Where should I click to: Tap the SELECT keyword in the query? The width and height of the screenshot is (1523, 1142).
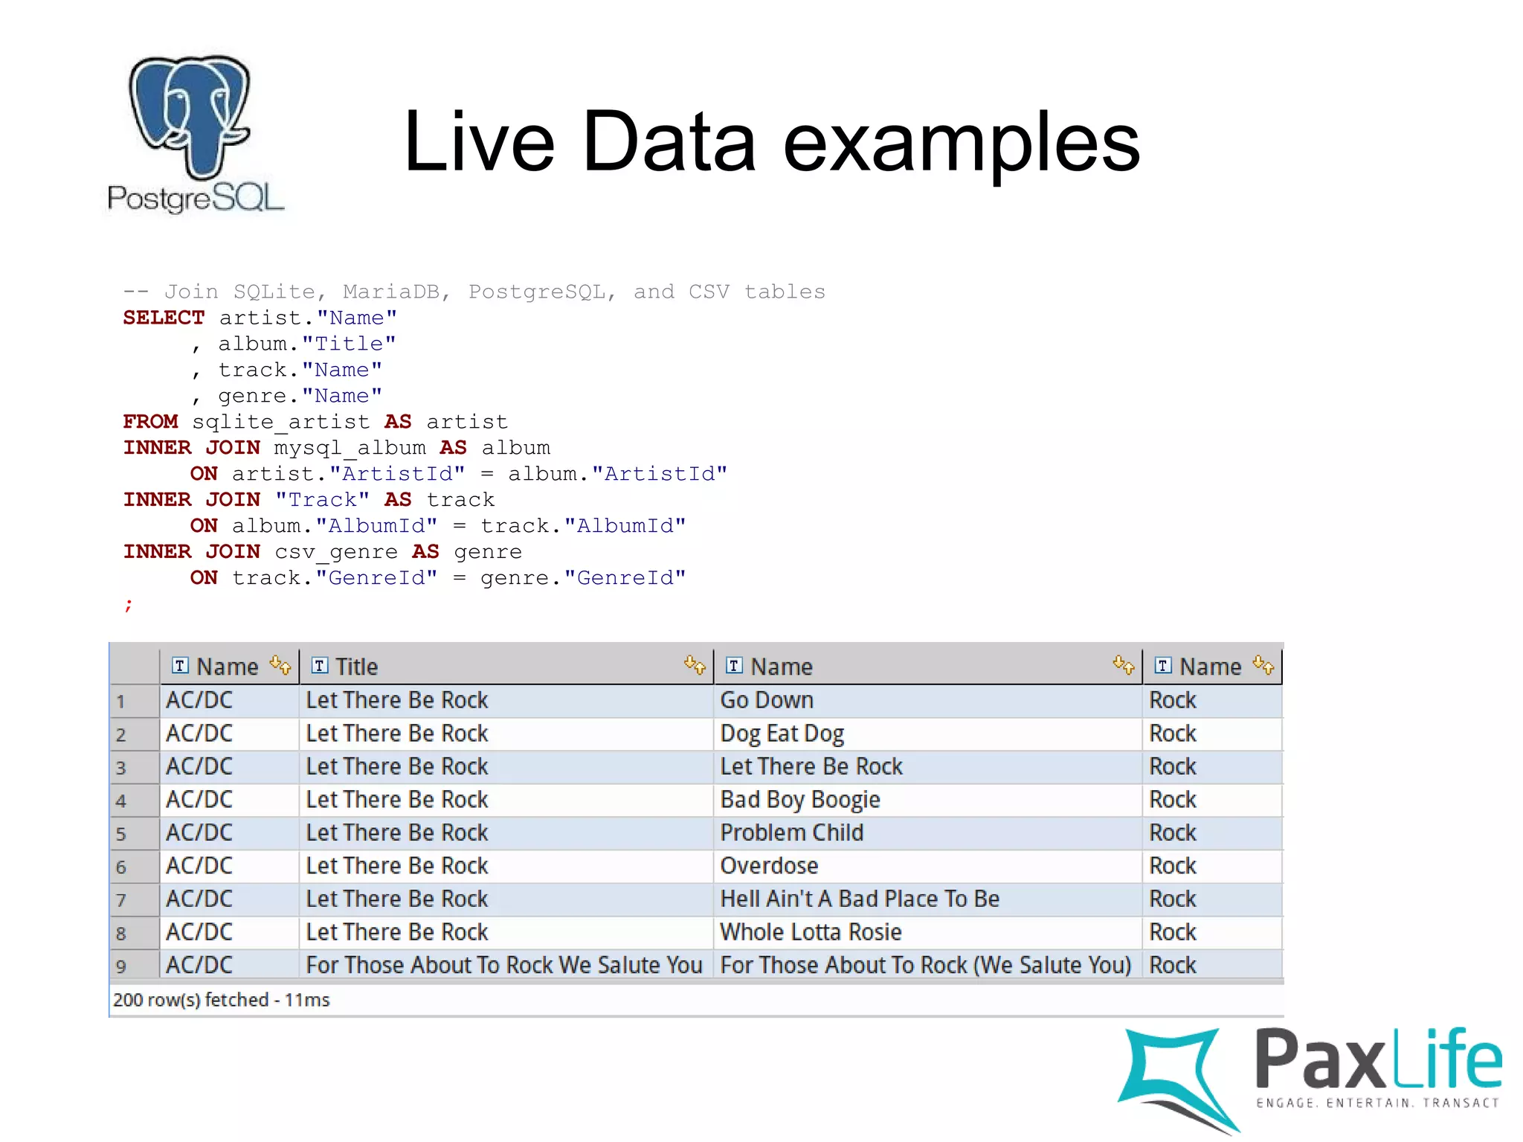pos(164,318)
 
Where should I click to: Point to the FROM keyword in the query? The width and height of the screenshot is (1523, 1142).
pos(150,422)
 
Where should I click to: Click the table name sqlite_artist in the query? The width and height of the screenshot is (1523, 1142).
pos(280,422)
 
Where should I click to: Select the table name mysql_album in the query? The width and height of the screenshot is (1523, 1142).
pos(350,448)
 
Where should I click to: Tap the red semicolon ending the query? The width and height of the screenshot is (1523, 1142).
pos(128,604)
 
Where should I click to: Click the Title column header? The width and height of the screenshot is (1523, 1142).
pos(356,667)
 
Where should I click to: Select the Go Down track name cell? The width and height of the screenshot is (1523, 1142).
pos(767,700)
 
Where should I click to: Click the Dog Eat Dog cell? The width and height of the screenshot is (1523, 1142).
pos(782,734)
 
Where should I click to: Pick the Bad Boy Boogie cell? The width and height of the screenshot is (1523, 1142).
pos(799,800)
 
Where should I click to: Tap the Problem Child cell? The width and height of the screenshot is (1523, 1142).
pos(791,833)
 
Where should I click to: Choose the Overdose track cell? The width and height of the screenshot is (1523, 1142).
pos(769,866)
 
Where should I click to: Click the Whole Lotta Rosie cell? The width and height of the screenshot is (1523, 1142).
pos(811,932)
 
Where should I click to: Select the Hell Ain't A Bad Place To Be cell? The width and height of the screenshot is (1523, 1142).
pos(859,899)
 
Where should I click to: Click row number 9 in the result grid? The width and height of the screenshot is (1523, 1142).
pos(121,966)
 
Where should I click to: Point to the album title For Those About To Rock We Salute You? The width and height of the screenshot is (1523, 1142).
pos(503,965)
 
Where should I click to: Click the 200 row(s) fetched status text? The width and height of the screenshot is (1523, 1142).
pos(221,1000)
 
